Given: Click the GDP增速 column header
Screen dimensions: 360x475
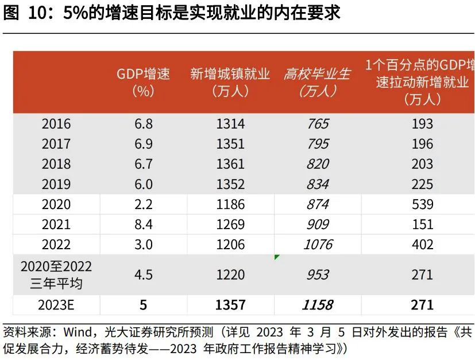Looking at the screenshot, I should pos(144,83).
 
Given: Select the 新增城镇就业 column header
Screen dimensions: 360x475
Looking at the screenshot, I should pos(230,83).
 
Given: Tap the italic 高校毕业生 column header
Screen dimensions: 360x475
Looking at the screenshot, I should pos(317,83).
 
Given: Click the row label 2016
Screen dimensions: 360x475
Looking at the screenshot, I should pos(56,124).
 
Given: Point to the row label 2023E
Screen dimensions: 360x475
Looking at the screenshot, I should pos(56,305).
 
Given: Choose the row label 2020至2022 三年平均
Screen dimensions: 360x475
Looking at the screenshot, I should pos(56,275).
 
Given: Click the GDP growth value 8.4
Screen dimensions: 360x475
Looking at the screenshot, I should pos(144,224).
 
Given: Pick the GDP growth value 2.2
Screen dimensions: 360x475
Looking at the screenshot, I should pos(144,204).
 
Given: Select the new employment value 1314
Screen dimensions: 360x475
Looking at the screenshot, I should pos(230,124).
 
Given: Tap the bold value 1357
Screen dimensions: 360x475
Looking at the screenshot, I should pos(230,305).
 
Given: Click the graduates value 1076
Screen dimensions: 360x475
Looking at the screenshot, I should pos(318,245).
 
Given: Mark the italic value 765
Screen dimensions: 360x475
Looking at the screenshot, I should pos(318,124).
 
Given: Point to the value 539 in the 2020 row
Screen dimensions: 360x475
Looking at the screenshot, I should pos(422,204).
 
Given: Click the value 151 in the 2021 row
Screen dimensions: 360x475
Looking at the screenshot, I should pos(422,224).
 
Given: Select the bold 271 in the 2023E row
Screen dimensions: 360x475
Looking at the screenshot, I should pos(422,305).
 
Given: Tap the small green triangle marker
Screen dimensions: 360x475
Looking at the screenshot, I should pos(277,257).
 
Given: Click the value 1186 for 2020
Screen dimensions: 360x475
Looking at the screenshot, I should pos(230,204).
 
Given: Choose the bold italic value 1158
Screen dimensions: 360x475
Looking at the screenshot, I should pos(318,305).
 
